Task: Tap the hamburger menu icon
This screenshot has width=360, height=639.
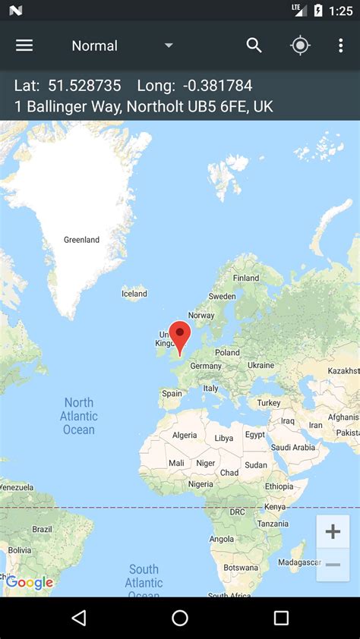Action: [24, 46]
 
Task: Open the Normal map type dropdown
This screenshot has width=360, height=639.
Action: [122, 46]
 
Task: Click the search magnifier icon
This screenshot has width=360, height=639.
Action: [254, 46]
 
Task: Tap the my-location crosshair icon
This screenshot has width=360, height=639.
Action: [300, 46]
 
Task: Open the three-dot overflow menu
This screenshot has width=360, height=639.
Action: [340, 46]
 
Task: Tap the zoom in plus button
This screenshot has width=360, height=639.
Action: [333, 531]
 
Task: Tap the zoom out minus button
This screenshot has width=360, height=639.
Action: [333, 565]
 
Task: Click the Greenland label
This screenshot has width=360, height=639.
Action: [81, 240]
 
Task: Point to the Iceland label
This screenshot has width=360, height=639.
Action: [134, 294]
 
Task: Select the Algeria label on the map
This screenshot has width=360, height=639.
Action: [185, 435]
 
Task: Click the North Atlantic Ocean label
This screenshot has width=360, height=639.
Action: [79, 416]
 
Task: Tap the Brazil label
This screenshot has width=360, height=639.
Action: [42, 529]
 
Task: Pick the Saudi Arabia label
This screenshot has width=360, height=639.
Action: [293, 447]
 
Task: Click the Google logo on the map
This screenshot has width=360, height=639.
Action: [30, 583]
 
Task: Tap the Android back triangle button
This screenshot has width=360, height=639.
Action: [79, 618]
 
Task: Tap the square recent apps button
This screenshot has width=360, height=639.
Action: [281, 618]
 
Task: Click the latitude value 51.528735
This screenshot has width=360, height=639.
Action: [84, 86]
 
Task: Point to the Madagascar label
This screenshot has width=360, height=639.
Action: [299, 562]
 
